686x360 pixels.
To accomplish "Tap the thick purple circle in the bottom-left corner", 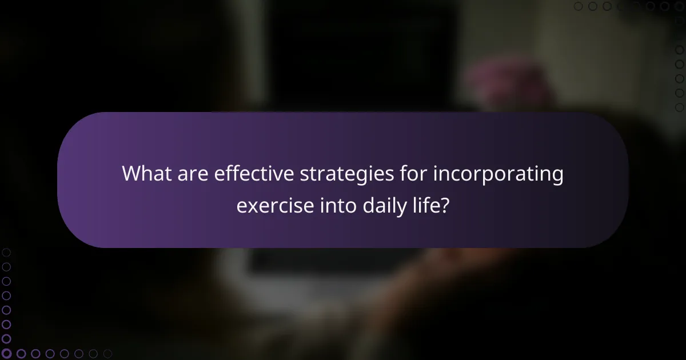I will (7, 354).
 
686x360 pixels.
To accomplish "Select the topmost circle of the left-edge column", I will (6, 252).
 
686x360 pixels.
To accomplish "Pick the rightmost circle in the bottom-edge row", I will (107, 354).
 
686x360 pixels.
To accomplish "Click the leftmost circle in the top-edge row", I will (579, 6).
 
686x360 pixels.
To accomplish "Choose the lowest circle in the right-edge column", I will (680, 107).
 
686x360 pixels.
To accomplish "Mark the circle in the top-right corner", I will (680, 6).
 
